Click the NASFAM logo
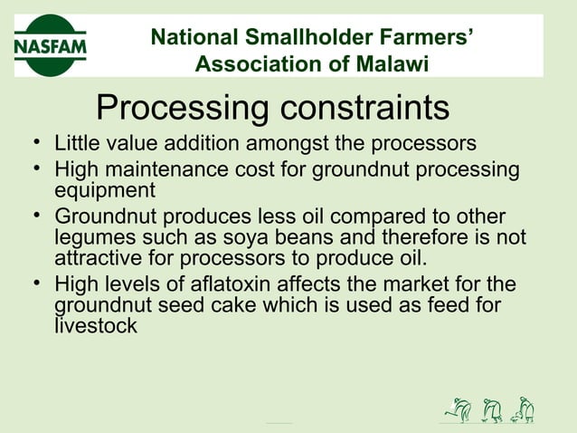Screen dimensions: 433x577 (51, 44)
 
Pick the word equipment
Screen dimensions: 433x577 (105, 190)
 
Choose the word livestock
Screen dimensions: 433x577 (96, 326)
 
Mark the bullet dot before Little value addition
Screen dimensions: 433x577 (33, 144)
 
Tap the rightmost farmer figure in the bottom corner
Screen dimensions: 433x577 (523, 410)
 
